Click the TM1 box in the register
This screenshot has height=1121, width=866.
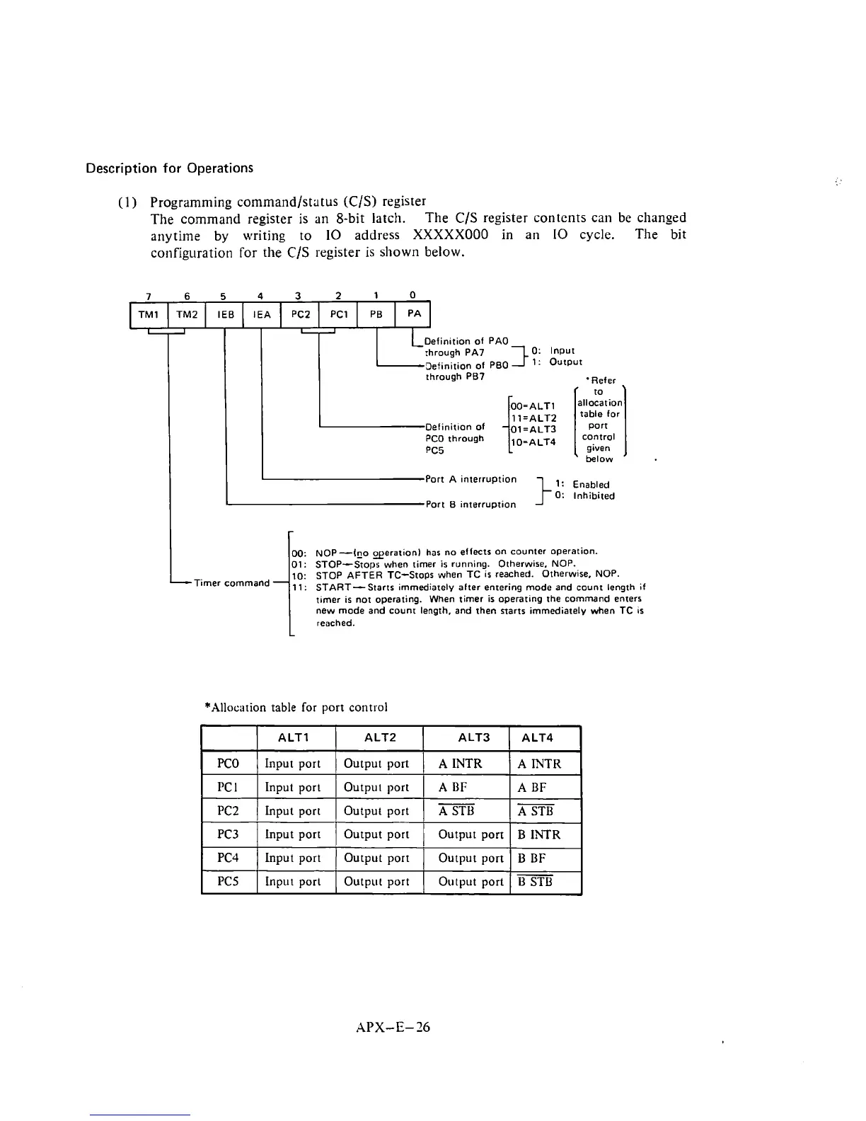point(148,315)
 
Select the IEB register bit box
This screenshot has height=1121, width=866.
point(224,315)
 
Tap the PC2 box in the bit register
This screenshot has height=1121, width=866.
point(301,315)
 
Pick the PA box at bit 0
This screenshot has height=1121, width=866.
point(414,315)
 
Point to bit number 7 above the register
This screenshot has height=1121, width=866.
point(148,295)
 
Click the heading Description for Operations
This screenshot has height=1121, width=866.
point(169,168)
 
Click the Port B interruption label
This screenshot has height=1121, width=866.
point(470,505)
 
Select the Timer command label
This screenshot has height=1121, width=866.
point(232,583)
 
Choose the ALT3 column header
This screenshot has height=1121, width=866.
point(473,737)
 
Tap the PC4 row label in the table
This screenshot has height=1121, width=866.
point(229,858)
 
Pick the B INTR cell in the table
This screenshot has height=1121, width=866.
point(539,834)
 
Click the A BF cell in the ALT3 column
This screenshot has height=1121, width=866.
point(453,787)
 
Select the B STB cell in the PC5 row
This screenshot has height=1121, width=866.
point(536,882)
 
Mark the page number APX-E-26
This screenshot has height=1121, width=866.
point(393,1027)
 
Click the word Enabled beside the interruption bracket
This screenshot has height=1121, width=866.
point(591,485)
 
